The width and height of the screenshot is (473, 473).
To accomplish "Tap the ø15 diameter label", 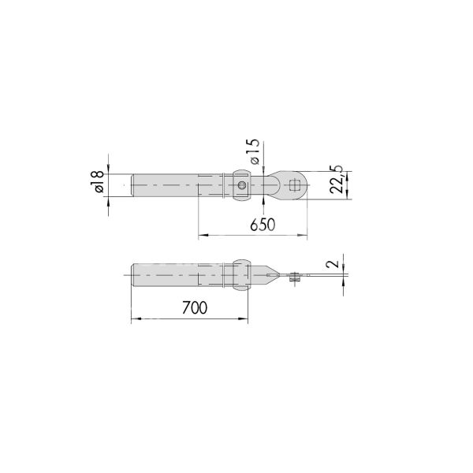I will coord(253,151).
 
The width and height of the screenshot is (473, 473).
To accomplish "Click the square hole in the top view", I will coord(295,187).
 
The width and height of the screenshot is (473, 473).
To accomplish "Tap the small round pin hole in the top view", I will coord(242,187).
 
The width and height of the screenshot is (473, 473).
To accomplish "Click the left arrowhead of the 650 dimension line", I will coord(200,235).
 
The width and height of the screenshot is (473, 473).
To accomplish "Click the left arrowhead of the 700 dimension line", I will coord(132,318).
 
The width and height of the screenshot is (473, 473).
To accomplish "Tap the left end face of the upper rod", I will coord(132,187).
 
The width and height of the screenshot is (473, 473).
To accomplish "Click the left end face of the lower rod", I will coord(132,275).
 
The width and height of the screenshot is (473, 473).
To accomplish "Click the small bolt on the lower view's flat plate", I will coord(295,277).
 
